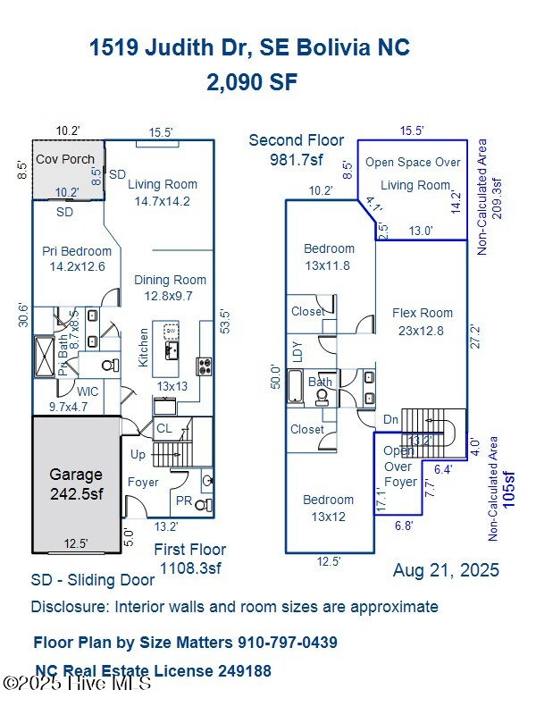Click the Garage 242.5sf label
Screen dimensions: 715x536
(75, 484)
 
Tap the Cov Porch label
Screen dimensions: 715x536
(64, 159)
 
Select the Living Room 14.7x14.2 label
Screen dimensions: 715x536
(162, 193)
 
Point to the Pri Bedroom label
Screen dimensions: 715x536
(77, 258)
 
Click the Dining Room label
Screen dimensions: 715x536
(170, 288)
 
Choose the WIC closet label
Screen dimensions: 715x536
(88, 391)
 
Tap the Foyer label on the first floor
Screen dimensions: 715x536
(143, 482)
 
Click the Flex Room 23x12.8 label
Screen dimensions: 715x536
(423, 321)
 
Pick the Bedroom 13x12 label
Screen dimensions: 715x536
(328, 508)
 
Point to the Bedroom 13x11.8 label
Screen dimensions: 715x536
(329, 257)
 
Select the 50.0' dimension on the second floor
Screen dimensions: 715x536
(276, 375)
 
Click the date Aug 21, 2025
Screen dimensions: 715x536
(446, 570)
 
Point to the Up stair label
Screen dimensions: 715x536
(138, 455)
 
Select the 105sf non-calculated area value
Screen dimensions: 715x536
(509, 491)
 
